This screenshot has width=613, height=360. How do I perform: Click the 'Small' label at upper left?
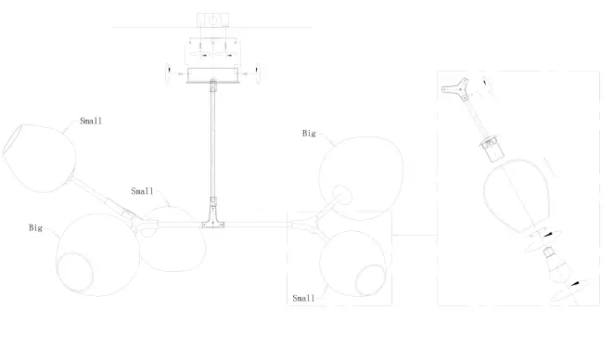tap(91, 121)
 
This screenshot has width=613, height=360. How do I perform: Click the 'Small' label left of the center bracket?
tap(142, 191)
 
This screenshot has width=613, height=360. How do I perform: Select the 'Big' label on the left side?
tap(36, 226)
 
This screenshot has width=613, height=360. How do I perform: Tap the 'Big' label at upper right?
tap(309, 134)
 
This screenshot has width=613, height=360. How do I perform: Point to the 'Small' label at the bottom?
tap(304, 299)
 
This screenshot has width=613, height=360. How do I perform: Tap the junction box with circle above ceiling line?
tap(213, 19)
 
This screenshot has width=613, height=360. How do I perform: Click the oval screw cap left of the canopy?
tap(168, 71)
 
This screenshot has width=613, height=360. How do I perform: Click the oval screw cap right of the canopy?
tap(260, 71)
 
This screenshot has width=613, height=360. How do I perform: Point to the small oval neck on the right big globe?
tap(340, 194)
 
